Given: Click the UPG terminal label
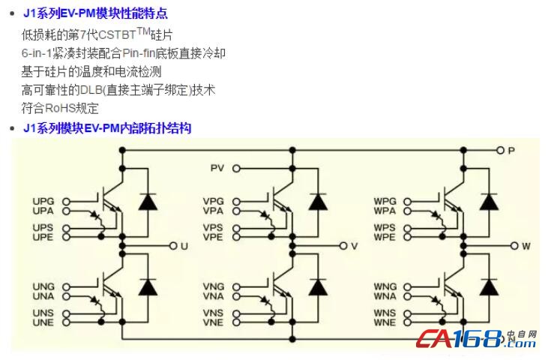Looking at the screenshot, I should [43, 202].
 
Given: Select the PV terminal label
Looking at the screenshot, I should [217, 168].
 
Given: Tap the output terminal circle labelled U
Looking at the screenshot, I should [174, 245].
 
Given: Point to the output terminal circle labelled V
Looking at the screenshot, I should [344, 245].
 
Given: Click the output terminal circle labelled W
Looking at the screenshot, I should [514, 245].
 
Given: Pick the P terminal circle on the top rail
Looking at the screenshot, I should [501, 150].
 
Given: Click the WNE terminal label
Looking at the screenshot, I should [385, 322].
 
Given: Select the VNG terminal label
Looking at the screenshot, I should [214, 287].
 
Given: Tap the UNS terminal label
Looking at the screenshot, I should [43, 313].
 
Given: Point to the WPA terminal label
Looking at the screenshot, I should [385, 211].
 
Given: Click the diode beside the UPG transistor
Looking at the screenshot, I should [148, 202].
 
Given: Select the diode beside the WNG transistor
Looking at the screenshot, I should [490, 287].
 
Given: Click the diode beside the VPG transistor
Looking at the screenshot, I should [319, 202].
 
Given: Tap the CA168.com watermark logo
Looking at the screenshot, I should [477, 339].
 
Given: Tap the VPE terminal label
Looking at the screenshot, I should [214, 237].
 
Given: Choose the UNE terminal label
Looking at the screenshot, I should [43, 322].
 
